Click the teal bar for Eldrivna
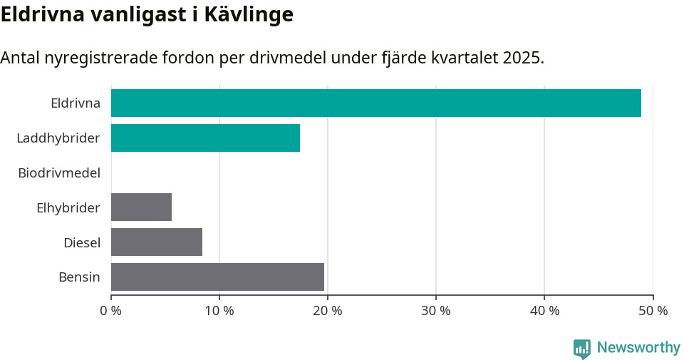pyautogui.click(x=375, y=103)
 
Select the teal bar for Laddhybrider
pyautogui.click(x=205, y=138)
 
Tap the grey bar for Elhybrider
pyautogui.click(x=141, y=207)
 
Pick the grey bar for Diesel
pyautogui.click(x=157, y=242)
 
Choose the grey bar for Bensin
pyautogui.click(x=217, y=277)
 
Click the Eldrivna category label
pyautogui.click(x=76, y=103)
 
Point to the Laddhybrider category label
pyautogui.click(x=58, y=138)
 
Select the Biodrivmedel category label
pyautogui.click(x=59, y=173)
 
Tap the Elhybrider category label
pyautogui.click(x=68, y=207)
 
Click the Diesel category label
pyautogui.click(x=82, y=242)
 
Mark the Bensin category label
pyautogui.click(x=79, y=277)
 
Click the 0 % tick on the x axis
pyautogui.click(x=111, y=311)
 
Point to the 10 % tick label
pyautogui.click(x=219, y=311)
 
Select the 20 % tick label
pyautogui.click(x=328, y=311)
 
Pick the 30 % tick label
pyautogui.click(x=436, y=311)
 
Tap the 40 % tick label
pyautogui.click(x=544, y=311)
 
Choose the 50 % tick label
pyautogui.click(x=653, y=311)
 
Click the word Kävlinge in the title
pyautogui.click(x=249, y=14)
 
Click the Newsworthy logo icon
pyautogui.click(x=582, y=348)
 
